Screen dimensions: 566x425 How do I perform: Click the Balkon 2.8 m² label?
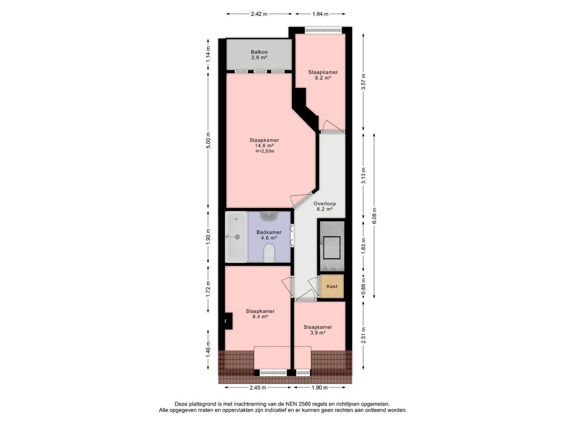coord(259,55)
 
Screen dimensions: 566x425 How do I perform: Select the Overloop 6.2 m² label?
coord(324,206)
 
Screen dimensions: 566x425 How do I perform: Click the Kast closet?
coord(332,286)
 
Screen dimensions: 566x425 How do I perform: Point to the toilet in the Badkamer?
coord(269,252)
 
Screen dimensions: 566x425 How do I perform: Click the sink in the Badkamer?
coord(269,216)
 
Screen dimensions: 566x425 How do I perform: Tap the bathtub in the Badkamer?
coord(236,237)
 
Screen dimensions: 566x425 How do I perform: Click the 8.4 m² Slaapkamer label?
coord(260,314)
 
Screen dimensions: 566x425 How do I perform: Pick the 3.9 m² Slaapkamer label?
coord(318,330)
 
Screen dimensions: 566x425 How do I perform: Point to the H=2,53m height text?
coord(265,152)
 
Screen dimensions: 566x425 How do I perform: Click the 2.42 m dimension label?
coord(259,14)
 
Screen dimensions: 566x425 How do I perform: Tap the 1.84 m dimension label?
coord(320,14)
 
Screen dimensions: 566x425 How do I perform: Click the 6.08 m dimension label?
coord(374,216)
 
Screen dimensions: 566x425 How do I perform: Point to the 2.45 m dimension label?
coord(258,388)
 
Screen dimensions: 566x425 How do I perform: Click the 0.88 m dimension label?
coord(364,284)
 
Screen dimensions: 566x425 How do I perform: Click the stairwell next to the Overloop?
coord(332,246)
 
